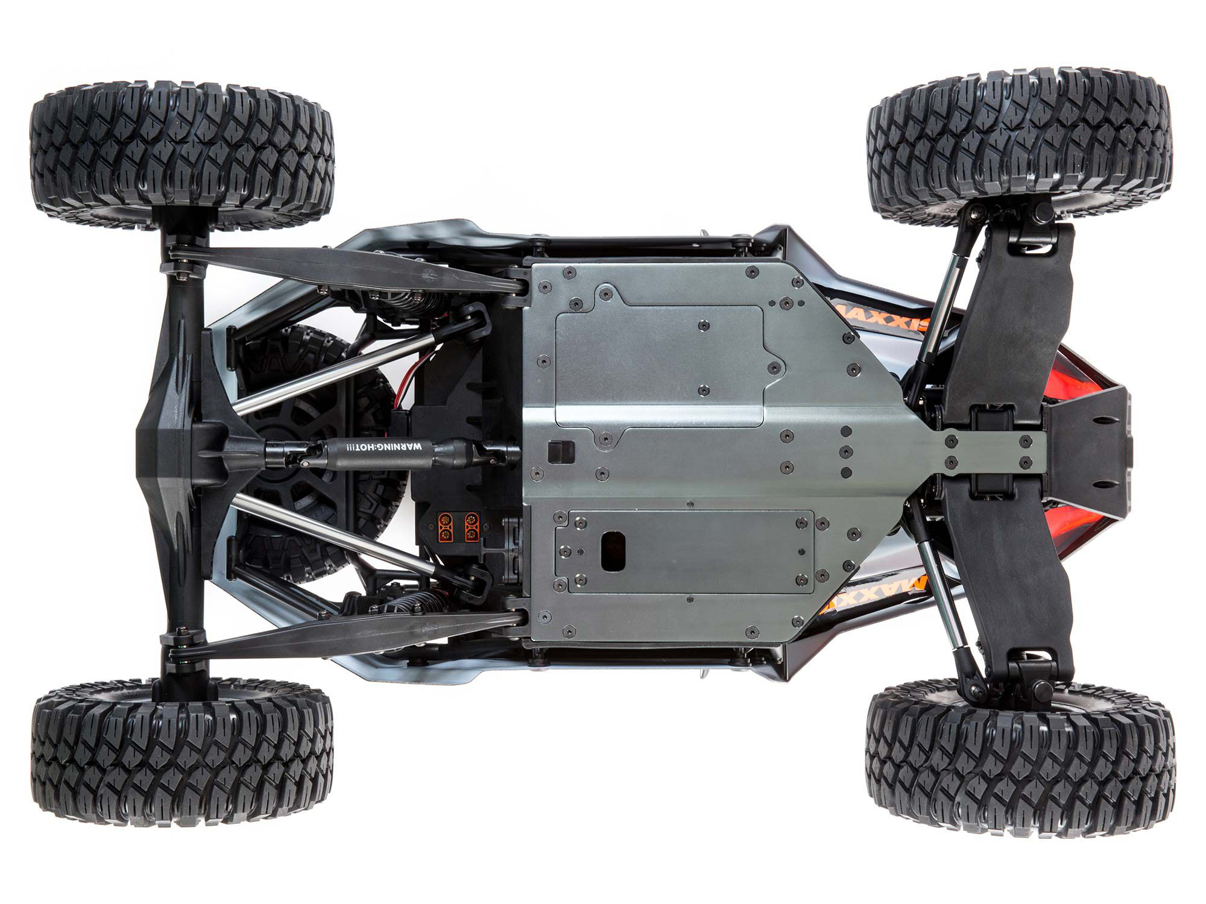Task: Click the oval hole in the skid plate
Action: click(x=613, y=550)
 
